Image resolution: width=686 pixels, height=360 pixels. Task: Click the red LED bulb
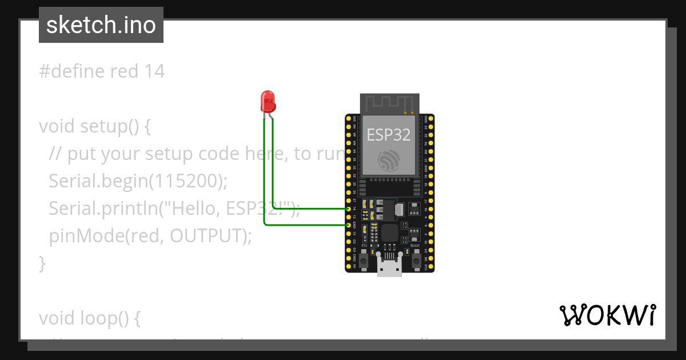click(x=268, y=101)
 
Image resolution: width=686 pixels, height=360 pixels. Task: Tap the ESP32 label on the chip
click(x=389, y=134)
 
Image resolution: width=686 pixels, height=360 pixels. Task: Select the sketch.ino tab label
click(x=101, y=25)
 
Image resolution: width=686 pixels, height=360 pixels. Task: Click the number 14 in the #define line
click(x=154, y=71)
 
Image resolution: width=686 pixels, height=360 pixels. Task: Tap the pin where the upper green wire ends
click(x=349, y=209)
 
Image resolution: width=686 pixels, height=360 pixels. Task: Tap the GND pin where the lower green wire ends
click(x=349, y=225)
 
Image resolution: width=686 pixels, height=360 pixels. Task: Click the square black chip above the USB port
click(x=390, y=233)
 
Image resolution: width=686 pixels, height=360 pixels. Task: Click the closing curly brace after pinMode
click(x=42, y=263)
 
